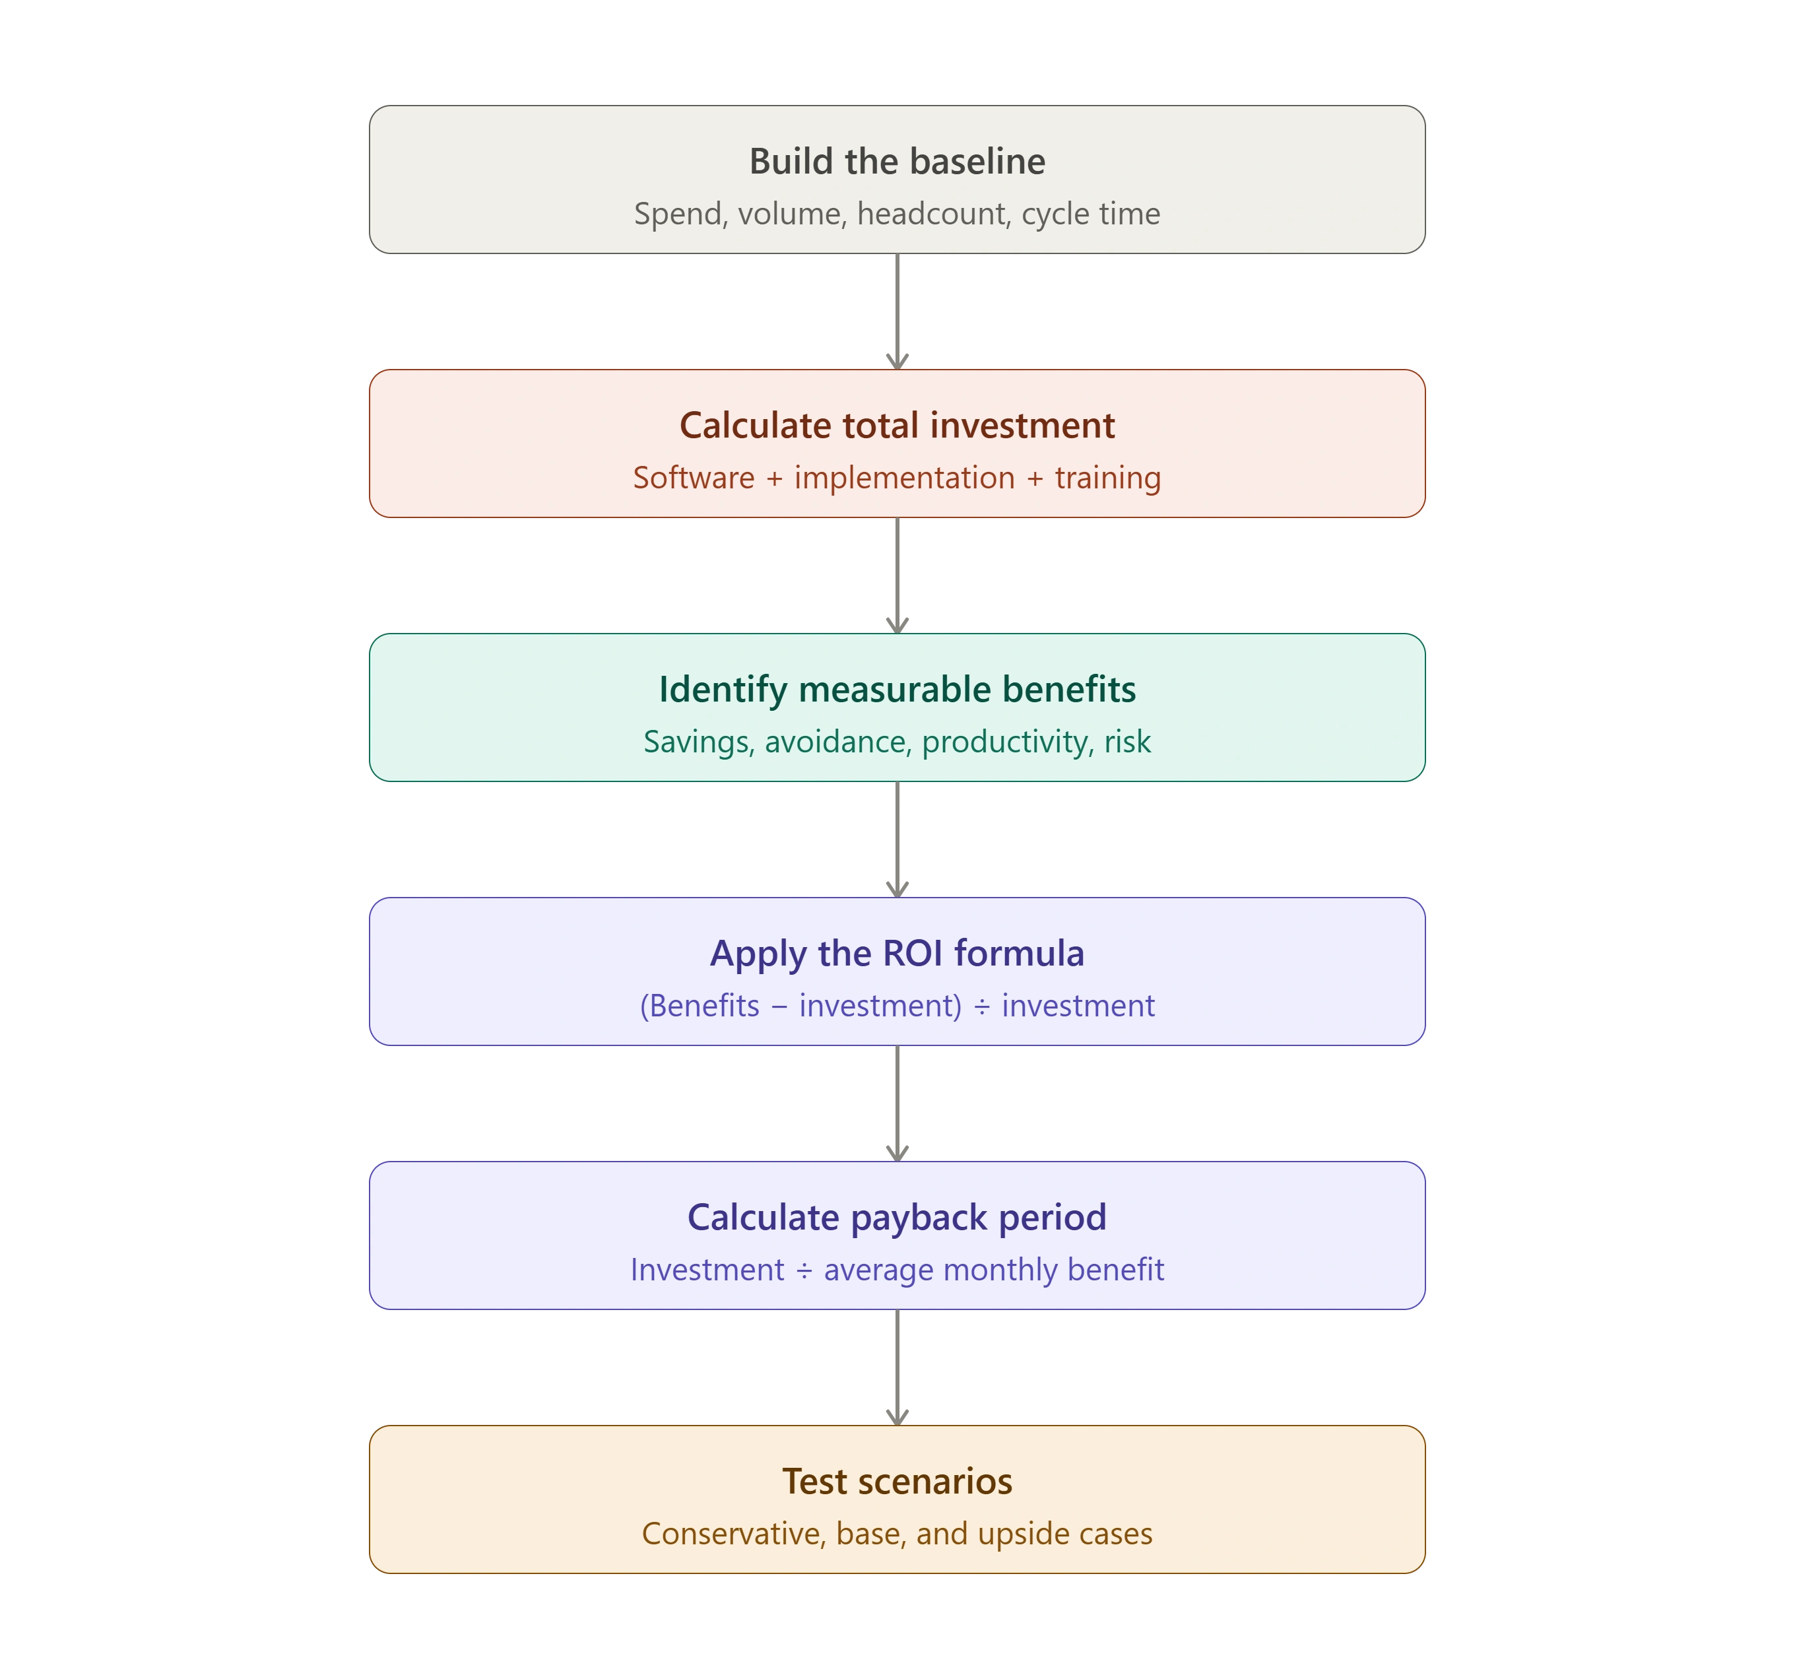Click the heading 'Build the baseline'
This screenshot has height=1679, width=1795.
coord(897,162)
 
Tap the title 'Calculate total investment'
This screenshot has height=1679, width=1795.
coord(897,426)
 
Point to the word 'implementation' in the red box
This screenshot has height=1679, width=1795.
coord(905,478)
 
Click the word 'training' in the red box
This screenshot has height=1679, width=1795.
coord(1108,478)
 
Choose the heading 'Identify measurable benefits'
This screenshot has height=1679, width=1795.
coord(897,689)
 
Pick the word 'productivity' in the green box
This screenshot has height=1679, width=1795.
coord(1008,742)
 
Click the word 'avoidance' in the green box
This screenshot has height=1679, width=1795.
coord(838,742)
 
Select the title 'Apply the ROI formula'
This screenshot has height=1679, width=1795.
coord(897,954)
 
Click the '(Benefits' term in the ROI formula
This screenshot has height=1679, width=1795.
coord(700,1006)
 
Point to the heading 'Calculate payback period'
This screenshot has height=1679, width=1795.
coord(897,1218)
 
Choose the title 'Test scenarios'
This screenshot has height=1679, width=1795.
coord(897,1481)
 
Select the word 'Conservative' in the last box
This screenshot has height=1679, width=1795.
coord(733,1534)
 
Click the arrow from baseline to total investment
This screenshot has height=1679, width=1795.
coord(897,312)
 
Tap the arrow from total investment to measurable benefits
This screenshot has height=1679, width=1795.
coord(897,576)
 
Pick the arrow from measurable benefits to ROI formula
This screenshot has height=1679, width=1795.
coord(897,840)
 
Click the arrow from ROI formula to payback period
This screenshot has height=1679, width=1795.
coord(897,1103)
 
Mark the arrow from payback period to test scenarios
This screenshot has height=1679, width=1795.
coord(897,1367)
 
